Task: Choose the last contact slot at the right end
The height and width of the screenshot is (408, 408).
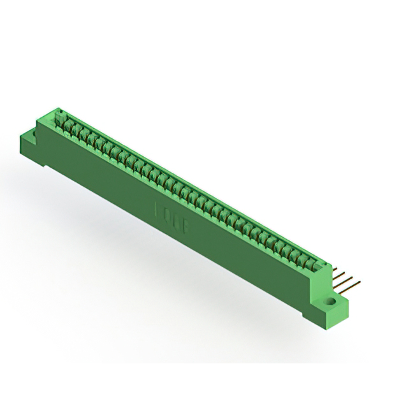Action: (x=310, y=261)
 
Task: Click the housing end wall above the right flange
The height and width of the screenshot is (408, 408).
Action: (x=320, y=280)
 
